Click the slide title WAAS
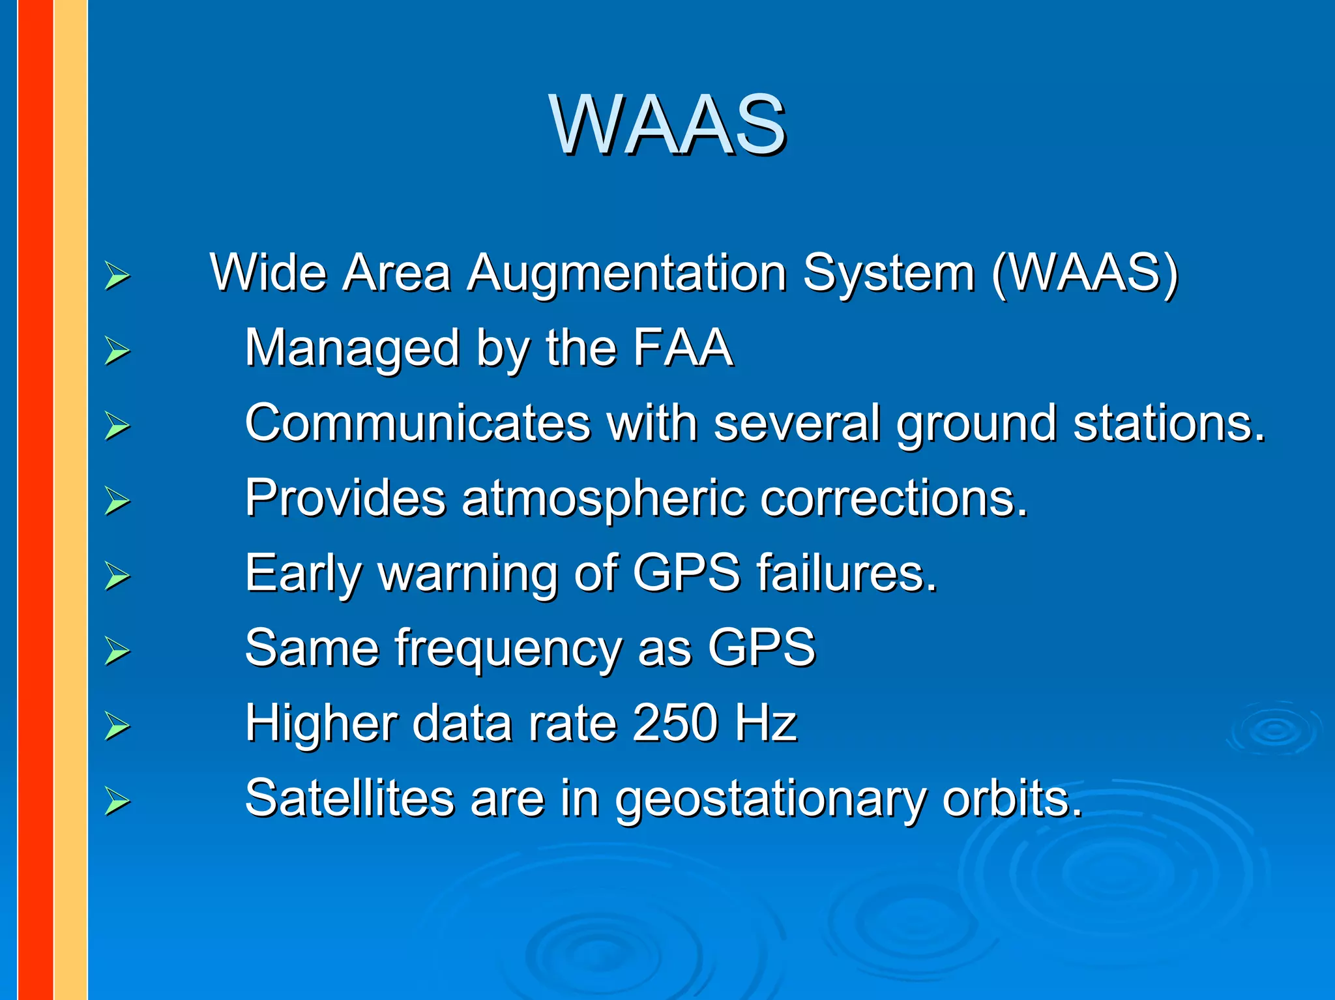point(667,124)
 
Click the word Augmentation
point(626,272)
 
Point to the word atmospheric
point(602,499)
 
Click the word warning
point(467,574)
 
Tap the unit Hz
point(766,723)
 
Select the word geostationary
point(770,800)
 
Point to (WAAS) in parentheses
point(1085,272)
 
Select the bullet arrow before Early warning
point(117,576)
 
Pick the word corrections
point(894,499)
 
